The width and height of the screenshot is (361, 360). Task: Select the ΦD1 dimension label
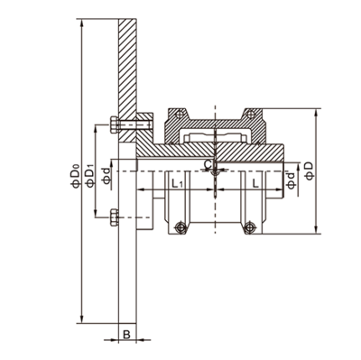[x=90, y=176]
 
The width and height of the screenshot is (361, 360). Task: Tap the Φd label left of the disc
[x=106, y=176]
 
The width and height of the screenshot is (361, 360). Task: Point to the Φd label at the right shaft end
[x=291, y=180]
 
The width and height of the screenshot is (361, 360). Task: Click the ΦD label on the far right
[x=309, y=171]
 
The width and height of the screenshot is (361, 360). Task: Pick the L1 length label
[x=177, y=183]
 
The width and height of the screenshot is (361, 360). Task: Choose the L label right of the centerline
[x=255, y=183]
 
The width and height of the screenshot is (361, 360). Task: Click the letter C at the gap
[x=208, y=164]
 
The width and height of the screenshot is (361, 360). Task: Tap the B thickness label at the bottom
[x=127, y=334]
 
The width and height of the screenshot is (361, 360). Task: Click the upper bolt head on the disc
[x=115, y=125]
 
